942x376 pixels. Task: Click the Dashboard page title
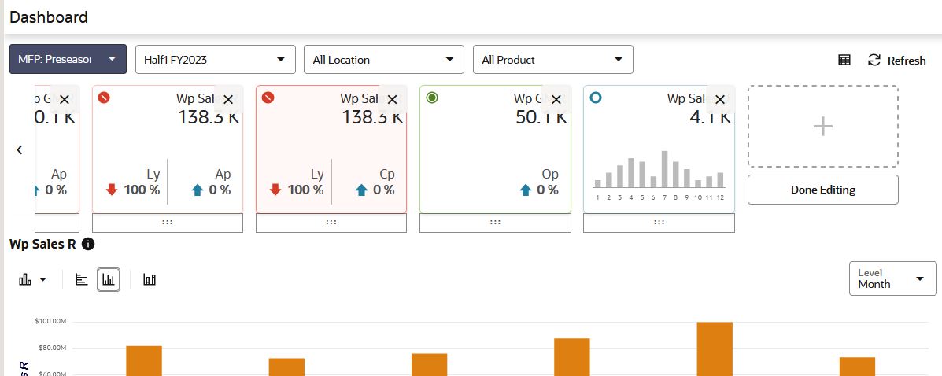tap(49, 17)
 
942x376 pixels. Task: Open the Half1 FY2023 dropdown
tap(215, 59)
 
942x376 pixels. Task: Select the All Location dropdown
tap(383, 59)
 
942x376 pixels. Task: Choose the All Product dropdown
tap(552, 59)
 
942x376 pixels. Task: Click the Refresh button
tap(897, 61)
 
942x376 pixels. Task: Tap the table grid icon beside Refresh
tap(844, 61)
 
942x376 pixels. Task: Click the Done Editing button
tap(822, 190)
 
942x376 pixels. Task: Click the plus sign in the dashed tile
tap(822, 126)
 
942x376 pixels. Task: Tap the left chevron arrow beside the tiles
tap(20, 149)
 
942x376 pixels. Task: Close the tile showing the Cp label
tap(392, 100)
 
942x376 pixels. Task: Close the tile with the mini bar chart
tap(719, 100)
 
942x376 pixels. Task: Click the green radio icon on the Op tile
tap(431, 98)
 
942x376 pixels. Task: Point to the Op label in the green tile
tap(550, 174)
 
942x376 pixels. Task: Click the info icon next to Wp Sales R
tap(88, 244)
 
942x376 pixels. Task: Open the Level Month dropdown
tap(892, 278)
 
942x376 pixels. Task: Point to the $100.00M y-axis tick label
tap(49, 321)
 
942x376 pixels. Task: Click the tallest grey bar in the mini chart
tap(664, 168)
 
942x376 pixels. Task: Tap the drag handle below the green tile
tap(495, 223)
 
